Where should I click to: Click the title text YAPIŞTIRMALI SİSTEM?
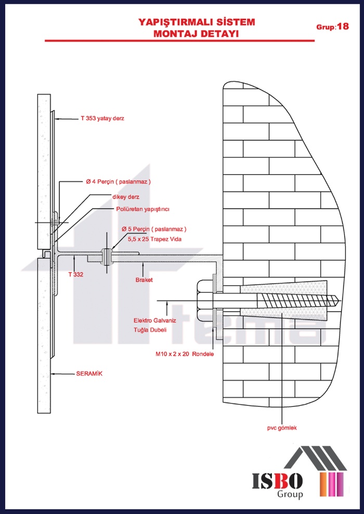[x=197, y=22]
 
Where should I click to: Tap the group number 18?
[x=343, y=26]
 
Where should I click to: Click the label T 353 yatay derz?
[x=102, y=118]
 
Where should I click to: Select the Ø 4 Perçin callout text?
[x=118, y=182]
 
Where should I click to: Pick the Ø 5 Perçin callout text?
[x=154, y=229]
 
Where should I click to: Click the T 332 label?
[x=76, y=274]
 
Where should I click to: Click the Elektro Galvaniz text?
[x=155, y=320]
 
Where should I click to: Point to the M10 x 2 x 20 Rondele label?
[x=185, y=354]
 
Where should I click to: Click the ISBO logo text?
[x=278, y=481]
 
